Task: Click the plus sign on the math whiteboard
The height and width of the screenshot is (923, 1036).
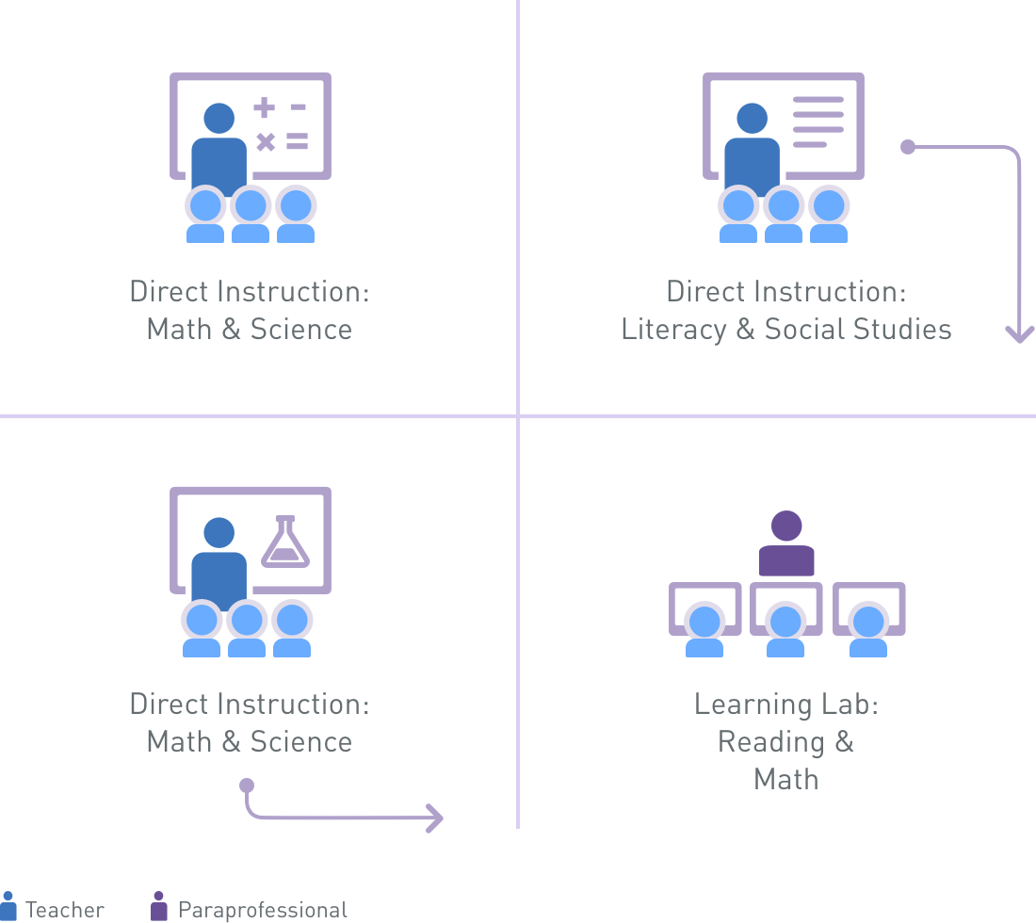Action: point(265,107)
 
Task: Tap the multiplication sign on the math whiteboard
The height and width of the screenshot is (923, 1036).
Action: point(266,141)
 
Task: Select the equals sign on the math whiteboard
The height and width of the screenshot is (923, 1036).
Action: point(298,140)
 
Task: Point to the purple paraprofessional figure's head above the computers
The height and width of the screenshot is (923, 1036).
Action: point(786,526)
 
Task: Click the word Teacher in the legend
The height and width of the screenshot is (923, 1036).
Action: point(65,910)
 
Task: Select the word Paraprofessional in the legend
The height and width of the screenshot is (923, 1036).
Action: point(263,910)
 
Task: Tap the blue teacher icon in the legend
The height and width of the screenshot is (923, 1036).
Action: point(8,905)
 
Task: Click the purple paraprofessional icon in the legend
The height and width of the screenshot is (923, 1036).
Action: point(158,906)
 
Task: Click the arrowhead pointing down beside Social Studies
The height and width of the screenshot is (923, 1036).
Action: point(1019,334)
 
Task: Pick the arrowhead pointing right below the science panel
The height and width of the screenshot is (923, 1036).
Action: point(435,818)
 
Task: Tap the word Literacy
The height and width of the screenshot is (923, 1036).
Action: point(673,329)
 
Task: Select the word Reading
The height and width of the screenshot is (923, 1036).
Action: point(771,742)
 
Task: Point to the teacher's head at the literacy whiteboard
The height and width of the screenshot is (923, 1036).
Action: point(752,119)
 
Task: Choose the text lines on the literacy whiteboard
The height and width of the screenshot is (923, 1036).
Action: point(817,122)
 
